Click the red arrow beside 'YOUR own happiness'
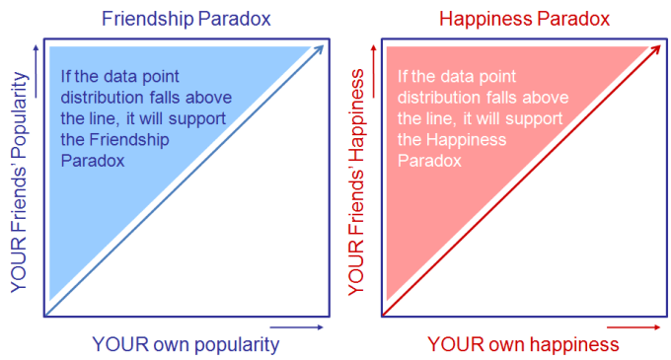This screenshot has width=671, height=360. pos(633,326)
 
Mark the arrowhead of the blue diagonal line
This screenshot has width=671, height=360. pos(321,48)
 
